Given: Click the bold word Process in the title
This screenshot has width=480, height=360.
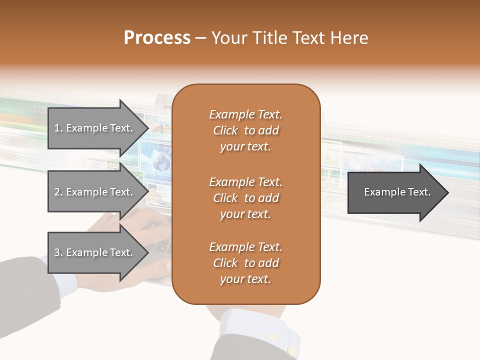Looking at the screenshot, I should tap(157, 38).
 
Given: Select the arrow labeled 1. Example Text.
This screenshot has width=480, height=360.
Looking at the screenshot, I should tap(94, 128).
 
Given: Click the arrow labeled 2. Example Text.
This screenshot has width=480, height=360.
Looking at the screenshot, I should tap(94, 192).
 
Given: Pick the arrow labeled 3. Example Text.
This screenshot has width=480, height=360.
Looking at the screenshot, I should tap(94, 252).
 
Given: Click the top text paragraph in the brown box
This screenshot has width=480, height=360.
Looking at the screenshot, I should tap(245, 130).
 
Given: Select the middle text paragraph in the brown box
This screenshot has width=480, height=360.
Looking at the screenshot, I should tap(245, 198).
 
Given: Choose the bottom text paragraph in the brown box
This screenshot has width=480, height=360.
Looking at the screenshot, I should tap(245, 263).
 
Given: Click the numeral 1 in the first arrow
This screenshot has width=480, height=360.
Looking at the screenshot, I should tap(57, 128).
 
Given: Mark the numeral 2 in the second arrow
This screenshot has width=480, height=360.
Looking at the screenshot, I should tap(57, 192).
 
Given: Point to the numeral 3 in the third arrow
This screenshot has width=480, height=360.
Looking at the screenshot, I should tap(57, 252).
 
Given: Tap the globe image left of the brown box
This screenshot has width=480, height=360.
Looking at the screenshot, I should tap(161, 162).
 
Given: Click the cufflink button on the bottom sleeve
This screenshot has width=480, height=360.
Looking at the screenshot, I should tap(273, 337).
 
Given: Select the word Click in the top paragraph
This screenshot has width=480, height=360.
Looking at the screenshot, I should tap(225, 130).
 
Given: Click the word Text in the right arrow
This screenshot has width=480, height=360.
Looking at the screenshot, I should tap(417, 192).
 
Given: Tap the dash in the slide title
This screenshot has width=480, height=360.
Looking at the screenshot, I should tap(200, 38).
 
